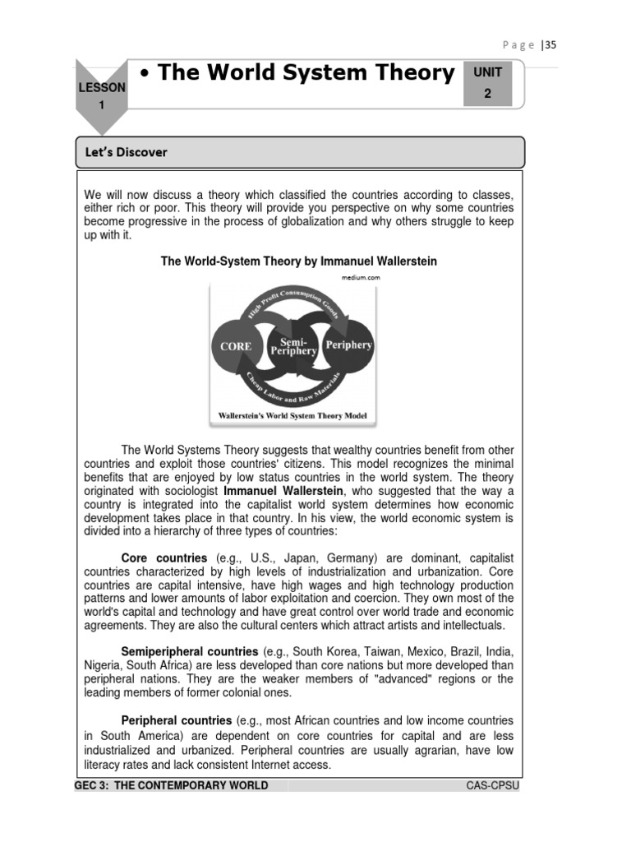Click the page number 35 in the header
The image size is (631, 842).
(550, 45)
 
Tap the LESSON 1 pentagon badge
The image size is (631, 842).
(103, 95)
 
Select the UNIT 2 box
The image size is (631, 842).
(487, 83)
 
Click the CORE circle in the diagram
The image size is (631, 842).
(235, 346)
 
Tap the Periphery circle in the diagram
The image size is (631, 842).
(348, 345)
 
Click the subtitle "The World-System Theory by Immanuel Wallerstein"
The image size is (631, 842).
(298, 261)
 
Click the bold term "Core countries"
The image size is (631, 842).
(164, 558)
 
